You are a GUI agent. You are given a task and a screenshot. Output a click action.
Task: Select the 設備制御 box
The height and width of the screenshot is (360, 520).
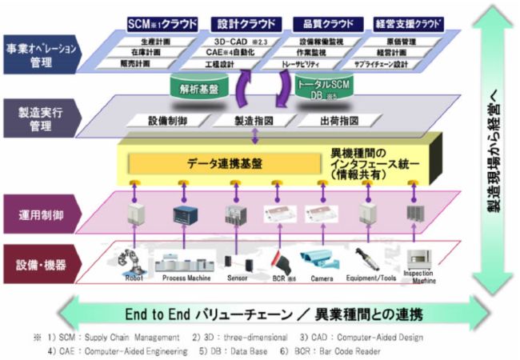pos(167,121)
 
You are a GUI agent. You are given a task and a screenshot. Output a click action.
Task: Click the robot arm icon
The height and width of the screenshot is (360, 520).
pos(128,259)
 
